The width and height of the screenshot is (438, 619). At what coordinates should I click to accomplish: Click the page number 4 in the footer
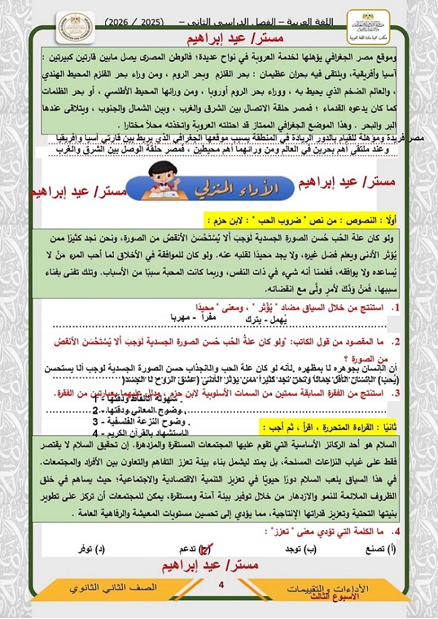[220, 585]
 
